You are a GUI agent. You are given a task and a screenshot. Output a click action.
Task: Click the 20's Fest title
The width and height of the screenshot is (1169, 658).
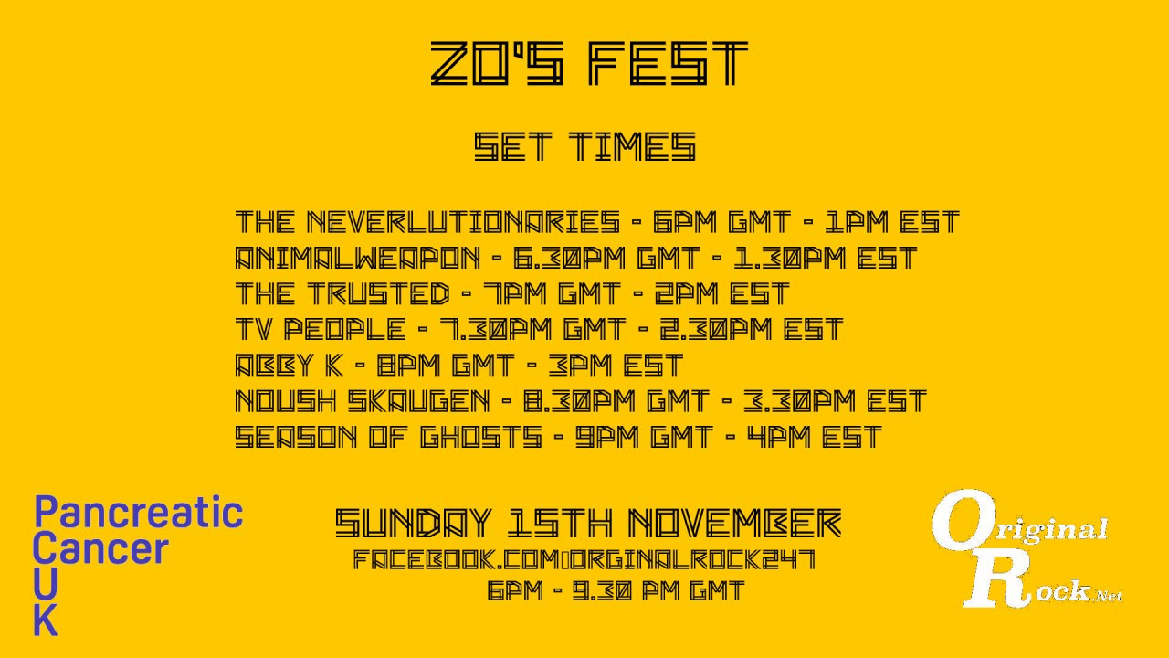589,64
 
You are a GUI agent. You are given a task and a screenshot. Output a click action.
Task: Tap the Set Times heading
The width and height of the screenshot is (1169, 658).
585,146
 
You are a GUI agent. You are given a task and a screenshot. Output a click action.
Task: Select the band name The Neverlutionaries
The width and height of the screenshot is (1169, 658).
428,221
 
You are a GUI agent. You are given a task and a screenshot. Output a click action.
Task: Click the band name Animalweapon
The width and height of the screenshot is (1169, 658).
357,258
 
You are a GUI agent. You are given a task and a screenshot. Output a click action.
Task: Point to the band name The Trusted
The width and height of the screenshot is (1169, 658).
342,293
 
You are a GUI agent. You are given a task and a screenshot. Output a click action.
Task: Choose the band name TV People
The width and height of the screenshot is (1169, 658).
321,329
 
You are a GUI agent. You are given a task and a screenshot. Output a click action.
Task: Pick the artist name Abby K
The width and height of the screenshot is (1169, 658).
290,365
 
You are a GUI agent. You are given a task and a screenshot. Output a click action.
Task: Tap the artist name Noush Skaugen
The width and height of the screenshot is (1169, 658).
363,400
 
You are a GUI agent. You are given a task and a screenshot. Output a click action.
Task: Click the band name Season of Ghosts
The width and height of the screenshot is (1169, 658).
389,437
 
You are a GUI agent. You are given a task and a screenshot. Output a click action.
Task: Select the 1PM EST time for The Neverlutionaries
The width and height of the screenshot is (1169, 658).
892,221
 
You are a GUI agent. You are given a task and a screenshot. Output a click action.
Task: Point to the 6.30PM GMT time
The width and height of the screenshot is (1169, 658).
606,258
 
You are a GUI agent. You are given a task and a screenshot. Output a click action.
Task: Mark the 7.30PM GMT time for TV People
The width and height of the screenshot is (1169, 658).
532,329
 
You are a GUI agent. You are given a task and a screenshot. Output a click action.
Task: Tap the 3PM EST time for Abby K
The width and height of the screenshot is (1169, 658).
616,365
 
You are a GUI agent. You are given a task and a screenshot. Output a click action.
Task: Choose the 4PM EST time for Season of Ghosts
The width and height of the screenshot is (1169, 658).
814,437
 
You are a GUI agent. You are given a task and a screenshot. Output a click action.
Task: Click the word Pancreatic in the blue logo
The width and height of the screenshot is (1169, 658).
139,513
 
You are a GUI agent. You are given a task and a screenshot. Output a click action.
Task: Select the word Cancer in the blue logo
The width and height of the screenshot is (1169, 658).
100,548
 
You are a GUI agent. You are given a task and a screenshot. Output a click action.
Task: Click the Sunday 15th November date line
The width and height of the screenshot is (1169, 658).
589,523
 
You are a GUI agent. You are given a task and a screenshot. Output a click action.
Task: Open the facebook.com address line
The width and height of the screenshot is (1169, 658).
584,560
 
